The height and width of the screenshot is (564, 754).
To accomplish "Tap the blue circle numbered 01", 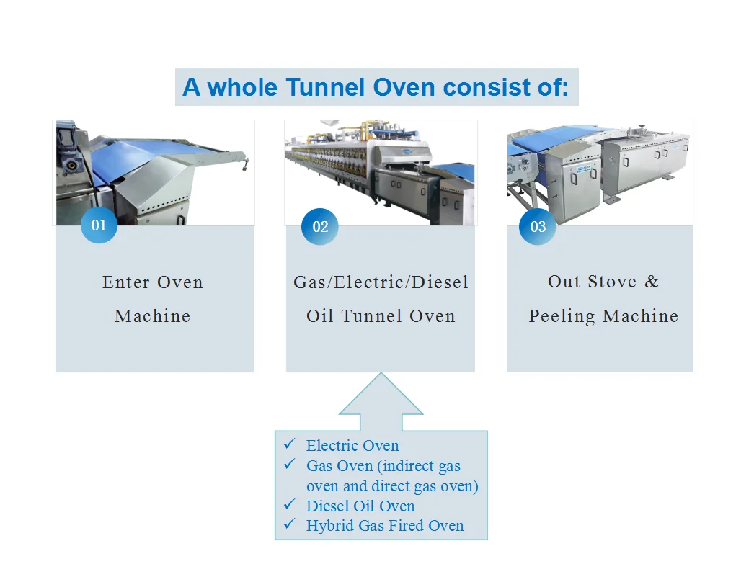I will [x=99, y=225].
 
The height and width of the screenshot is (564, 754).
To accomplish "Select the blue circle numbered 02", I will [x=320, y=227].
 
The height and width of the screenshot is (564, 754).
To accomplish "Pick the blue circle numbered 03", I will [x=538, y=227].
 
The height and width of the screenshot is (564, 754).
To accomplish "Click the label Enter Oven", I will [x=153, y=282].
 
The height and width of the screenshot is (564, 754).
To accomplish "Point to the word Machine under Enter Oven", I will [x=153, y=316].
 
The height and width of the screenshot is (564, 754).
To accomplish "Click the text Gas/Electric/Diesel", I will [x=381, y=282].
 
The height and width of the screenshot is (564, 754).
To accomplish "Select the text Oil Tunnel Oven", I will [x=381, y=316].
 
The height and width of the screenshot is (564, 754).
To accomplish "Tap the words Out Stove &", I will [x=603, y=282].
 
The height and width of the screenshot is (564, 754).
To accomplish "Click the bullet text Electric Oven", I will [x=352, y=446].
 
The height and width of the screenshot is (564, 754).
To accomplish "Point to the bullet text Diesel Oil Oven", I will [x=360, y=506].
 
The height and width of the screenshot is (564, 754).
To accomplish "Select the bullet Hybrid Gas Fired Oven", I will [x=385, y=526].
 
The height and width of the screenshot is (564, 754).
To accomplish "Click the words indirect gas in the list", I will [x=425, y=466].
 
